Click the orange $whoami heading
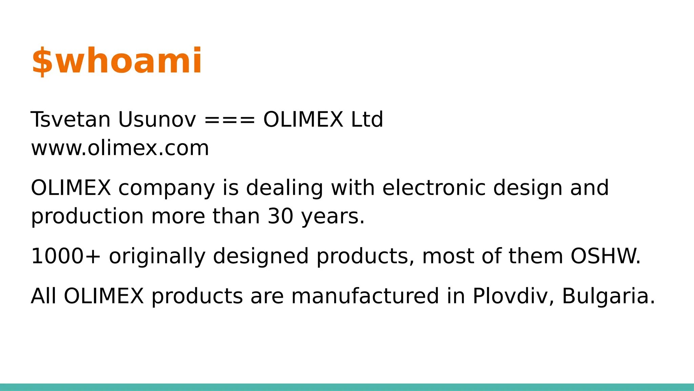pos(117,61)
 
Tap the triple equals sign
pos(229,120)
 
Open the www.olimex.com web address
pos(120,148)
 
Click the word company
pos(166,189)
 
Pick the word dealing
pos(284,189)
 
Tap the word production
pos(87,217)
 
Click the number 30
pos(281,216)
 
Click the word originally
pos(157,257)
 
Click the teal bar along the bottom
pos(347,387)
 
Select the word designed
pos(261,257)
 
